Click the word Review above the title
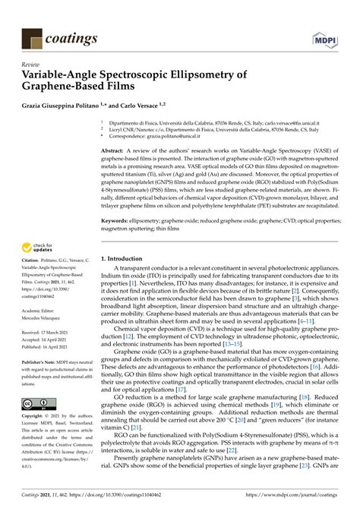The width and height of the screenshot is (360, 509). tap(32, 65)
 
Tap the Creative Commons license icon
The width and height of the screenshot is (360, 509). tap(36, 404)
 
